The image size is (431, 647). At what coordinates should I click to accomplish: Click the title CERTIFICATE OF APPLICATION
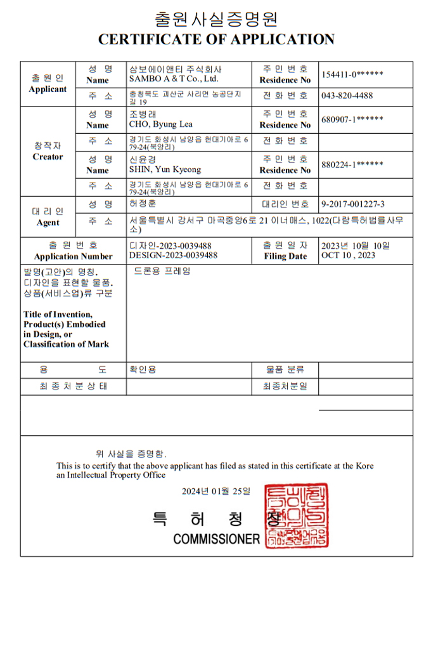coord(216,39)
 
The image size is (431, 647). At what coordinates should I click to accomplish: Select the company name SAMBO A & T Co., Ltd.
coord(173,79)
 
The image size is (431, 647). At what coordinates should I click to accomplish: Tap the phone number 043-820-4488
coord(347,96)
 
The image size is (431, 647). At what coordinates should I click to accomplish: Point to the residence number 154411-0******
coord(352,75)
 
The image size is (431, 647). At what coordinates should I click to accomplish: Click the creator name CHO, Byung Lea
coord(160,124)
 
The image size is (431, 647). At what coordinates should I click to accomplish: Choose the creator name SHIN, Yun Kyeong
coord(165,169)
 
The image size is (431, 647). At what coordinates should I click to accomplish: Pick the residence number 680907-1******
coord(352,120)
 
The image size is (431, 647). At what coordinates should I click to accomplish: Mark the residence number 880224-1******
coord(352,165)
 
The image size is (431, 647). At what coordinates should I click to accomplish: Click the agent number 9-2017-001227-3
coord(353,204)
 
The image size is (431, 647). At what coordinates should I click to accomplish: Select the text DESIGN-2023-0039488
coord(173,256)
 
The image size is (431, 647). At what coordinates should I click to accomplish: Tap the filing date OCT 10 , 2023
coord(348,256)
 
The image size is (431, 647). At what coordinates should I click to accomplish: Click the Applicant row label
coord(48,89)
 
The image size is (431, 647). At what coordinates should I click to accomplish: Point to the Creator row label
coord(48,157)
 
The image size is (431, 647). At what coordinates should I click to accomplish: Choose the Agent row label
coord(48,223)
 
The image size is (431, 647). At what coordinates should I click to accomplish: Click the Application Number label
coord(73,257)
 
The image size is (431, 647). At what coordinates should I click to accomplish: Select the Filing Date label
coord(285,257)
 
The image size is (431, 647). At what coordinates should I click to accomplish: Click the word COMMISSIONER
coord(217,539)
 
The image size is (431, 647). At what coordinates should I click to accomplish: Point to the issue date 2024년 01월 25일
coord(216,492)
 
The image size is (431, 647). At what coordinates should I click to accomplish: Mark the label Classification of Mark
coord(66,344)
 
